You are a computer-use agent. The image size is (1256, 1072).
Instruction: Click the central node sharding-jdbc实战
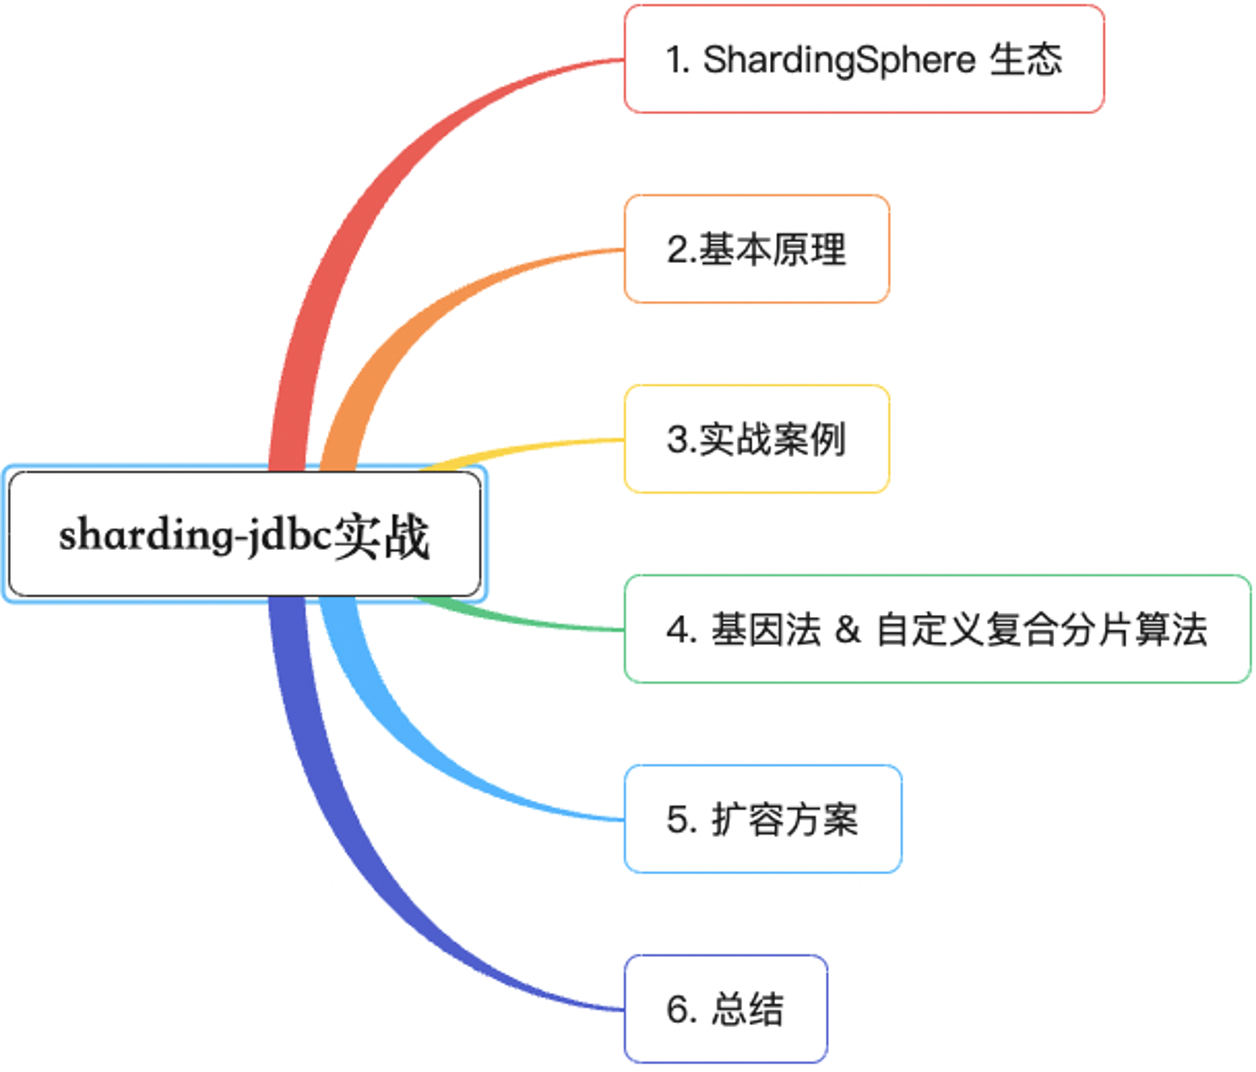tap(245, 534)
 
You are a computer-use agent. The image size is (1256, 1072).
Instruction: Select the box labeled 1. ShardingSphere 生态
tap(864, 59)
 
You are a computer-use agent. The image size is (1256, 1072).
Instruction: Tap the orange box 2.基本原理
tap(757, 249)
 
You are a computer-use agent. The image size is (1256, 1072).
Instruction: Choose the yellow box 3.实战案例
tap(757, 439)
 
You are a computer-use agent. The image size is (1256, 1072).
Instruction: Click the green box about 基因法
tap(938, 629)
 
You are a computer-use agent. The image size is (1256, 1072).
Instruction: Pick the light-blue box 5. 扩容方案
tap(763, 819)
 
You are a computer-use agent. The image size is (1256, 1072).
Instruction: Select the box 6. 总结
tap(726, 1009)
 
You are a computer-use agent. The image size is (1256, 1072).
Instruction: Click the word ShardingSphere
tap(840, 61)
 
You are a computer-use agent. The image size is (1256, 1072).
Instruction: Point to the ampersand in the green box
tap(848, 629)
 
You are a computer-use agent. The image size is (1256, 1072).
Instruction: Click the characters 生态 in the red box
tap(1026, 60)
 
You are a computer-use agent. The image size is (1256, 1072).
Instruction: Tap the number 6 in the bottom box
tap(676, 1009)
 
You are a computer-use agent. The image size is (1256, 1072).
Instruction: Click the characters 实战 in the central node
tap(381, 536)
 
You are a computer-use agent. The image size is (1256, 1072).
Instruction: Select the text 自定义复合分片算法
tap(1041, 629)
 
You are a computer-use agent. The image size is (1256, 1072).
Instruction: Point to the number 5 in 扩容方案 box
tap(677, 820)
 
